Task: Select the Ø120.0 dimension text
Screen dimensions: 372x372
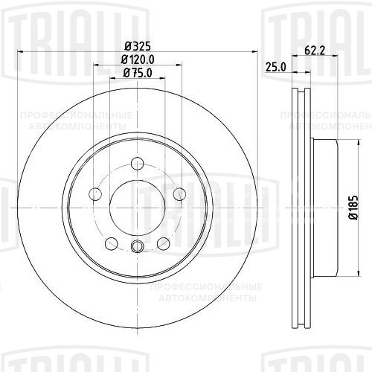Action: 138,60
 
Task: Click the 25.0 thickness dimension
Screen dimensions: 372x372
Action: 276,67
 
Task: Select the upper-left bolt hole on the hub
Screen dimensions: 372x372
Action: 95,195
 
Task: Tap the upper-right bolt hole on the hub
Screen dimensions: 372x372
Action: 179,195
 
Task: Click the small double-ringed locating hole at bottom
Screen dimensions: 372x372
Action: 138,248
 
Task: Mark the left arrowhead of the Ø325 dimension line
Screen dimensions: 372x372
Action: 19,52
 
